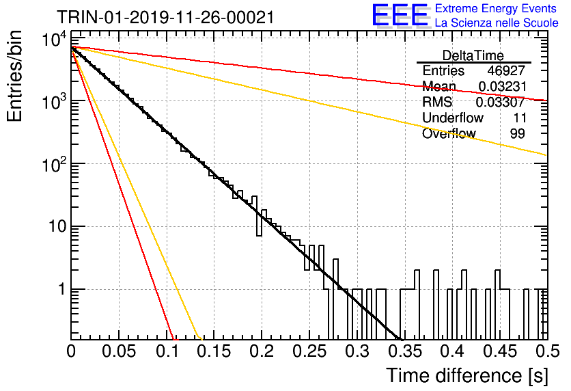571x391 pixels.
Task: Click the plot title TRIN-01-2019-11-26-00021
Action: tap(166, 17)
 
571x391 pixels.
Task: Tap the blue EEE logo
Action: tap(400, 15)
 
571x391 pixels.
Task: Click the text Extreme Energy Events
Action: tap(496, 8)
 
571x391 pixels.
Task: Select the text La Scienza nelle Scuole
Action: tap(497, 23)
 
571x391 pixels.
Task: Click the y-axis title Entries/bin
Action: tap(15, 76)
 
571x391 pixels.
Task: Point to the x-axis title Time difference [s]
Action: tap(467, 376)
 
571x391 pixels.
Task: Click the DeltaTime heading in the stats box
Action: tap(473, 55)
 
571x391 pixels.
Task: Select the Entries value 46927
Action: tap(506, 70)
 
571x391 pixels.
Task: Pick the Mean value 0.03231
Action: tap(502, 86)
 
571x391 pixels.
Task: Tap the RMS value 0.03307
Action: tap(501, 102)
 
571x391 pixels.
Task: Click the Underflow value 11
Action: tap(519, 118)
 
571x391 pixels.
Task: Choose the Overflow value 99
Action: tap(518, 133)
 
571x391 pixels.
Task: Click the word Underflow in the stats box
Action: tap(453, 118)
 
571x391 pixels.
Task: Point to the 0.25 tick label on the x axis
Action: tap(309, 351)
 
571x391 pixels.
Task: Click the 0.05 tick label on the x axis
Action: tap(119, 351)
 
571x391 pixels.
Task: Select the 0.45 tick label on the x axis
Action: tap(500, 351)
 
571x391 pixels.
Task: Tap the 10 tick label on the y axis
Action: tap(58, 227)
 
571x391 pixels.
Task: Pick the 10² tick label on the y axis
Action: tap(55, 164)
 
